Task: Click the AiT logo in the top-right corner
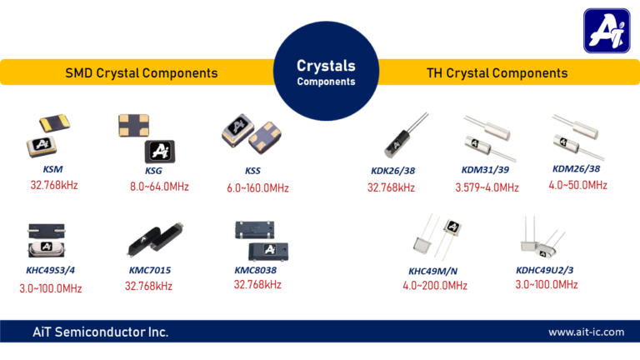pyautogui.click(x=606, y=31)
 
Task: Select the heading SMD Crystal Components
pyautogui.click(x=142, y=73)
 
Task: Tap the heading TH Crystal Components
pyautogui.click(x=497, y=73)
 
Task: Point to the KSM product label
pyautogui.click(x=52, y=170)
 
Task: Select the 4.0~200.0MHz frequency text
pyautogui.click(x=434, y=286)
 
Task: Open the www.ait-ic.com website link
pyautogui.click(x=586, y=332)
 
